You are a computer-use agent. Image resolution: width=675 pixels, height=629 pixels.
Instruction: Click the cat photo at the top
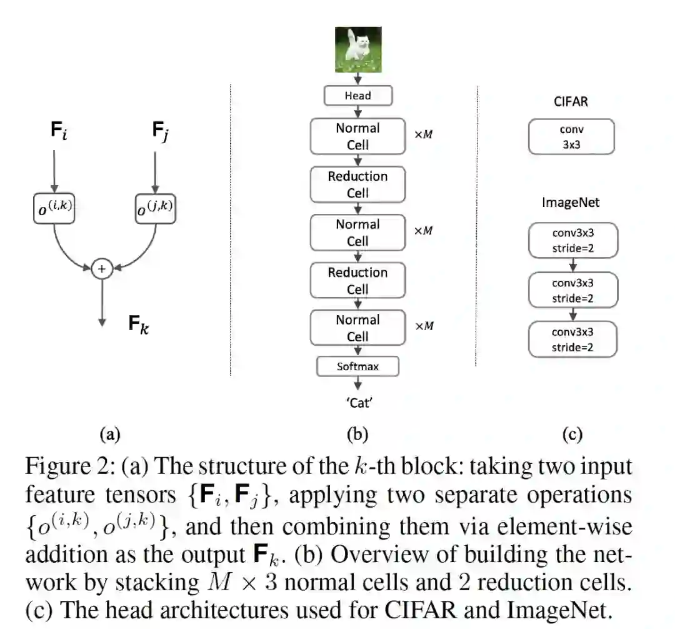[x=358, y=49]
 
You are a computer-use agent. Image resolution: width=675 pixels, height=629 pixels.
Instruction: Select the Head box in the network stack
[x=358, y=96]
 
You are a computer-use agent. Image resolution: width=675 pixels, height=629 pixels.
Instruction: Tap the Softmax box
[x=357, y=366]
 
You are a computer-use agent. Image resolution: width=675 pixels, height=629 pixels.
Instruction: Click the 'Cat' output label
[x=359, y=403]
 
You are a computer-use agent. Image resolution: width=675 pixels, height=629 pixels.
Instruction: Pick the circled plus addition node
[x=102, y=269]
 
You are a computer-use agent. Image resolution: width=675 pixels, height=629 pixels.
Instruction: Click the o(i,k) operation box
[x=54, y=209]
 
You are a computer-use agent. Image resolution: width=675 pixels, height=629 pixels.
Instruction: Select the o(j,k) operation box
[x=156, y=209]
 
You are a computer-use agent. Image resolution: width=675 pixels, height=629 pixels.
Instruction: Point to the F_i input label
[x=59, y=130]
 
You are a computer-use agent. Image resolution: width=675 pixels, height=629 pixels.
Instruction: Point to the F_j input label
[x=161, y=131]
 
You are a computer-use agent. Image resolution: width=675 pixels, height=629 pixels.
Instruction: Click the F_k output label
[x=139, y=324]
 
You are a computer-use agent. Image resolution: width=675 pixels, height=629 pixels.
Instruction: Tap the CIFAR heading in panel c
[x=571, y=102]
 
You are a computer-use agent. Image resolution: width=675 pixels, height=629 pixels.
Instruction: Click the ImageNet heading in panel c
[x=571, y=203]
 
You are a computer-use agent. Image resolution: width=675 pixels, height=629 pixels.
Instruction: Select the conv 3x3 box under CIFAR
[x=571, y=137]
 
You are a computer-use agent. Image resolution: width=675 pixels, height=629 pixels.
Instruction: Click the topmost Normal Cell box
[x=357, y=136]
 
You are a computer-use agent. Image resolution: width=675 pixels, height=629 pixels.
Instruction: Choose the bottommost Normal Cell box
[x=357, y=328]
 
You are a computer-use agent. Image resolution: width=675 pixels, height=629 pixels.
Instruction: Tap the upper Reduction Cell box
[x=357, y=184]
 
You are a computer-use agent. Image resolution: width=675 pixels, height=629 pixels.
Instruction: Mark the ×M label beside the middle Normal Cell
[x=424, y=231]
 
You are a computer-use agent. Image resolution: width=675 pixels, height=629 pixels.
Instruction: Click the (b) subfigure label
[x=357, y=434]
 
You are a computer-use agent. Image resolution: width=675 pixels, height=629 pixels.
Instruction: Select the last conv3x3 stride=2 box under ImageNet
[x=572, y=340]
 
